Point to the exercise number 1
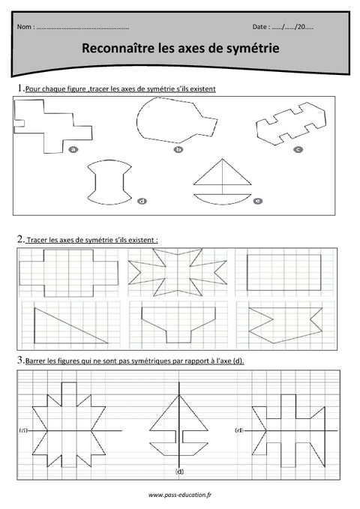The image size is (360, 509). click(x=19, y=88)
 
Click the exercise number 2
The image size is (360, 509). click(x=19, y=239)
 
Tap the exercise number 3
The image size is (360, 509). click(x=19, y=361)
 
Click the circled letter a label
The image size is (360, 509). click(x=73, y=149)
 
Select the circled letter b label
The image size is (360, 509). click(x=178, y=149)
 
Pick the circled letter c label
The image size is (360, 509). click(x=298, y=149)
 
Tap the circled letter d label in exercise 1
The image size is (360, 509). click(x=142, y=201)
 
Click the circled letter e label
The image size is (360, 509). click(x=258, y=201)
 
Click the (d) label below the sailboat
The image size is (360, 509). click(x=179, y=471)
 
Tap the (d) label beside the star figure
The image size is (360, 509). click(x=24, y=430)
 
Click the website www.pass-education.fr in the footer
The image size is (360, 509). click(x=179, y=495)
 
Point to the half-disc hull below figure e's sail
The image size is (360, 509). click(x=219, y=199)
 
